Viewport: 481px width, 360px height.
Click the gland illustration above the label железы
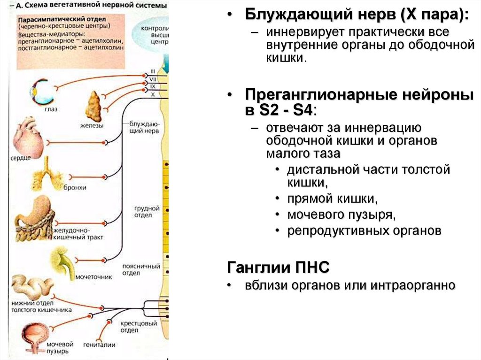[94, 106]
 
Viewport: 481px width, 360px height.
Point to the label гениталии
[99, 345]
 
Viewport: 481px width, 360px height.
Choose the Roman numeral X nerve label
[153, 94]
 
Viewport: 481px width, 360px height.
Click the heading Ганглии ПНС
[278, 268]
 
